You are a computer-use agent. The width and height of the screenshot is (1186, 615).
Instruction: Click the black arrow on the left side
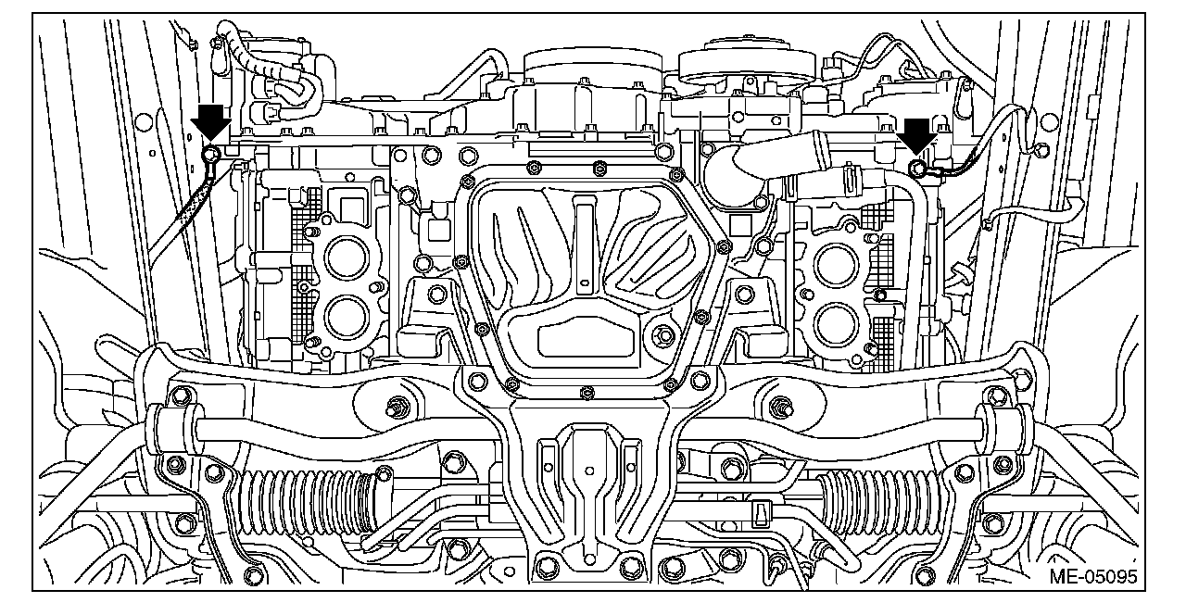point(210,121)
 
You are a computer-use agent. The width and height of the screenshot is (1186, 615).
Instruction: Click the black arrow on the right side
point(916,136)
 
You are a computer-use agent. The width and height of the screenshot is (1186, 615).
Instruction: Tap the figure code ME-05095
point(1093,577)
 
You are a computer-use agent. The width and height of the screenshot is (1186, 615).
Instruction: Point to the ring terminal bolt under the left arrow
point(211,154)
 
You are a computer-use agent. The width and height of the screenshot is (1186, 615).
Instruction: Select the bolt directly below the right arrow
point(917,169)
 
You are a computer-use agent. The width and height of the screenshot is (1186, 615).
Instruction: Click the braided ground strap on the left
point(191,207)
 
